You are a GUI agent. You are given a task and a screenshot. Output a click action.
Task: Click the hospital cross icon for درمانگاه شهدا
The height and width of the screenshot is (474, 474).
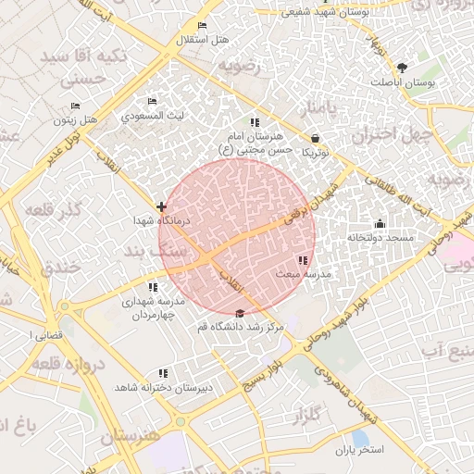pyautogui.click(x=162, y=206)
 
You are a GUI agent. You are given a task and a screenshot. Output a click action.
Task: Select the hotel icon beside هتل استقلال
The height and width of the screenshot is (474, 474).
pyautogui.click(x=203, y=25)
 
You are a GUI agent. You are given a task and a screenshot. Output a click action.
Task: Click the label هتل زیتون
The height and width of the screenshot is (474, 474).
pyautogui.click(x=76, y=119)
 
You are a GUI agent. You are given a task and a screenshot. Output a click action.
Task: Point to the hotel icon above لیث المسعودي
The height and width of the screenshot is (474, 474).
pyautogui.click(x=153, y=102)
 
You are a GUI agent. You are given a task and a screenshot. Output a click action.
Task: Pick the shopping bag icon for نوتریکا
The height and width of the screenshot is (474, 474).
pyautogui.click(x=317, y=137)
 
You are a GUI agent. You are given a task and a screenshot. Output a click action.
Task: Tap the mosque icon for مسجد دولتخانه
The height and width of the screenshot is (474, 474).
pyautogui.click(x=380, y=223)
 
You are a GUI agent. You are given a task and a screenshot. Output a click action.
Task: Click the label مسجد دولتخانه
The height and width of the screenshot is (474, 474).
pyautogui.click(x=380, y=238)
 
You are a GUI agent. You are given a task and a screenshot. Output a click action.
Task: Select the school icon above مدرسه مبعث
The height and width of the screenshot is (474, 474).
pyautogui.click(x=303, y=260)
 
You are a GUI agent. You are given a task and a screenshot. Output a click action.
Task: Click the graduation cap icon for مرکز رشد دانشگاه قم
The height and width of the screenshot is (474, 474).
pyautogui.click(x=241, y=313)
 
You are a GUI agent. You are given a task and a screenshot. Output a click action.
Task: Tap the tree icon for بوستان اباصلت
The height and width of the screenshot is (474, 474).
pyautogui.click(x=402, y=68)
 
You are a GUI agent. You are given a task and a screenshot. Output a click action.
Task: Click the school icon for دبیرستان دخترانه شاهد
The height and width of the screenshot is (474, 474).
pyautogui.click(x=164, y=373)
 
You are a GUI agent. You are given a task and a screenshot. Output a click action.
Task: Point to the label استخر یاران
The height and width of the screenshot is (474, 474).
pyautogui.click(x=358, y=450)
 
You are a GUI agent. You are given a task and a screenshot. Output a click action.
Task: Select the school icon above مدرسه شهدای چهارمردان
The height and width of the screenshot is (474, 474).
pyautogui.click(x=154, y=287)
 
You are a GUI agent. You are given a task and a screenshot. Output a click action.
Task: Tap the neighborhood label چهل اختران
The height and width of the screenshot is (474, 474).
pyautogui.click(x=399, y=135)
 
